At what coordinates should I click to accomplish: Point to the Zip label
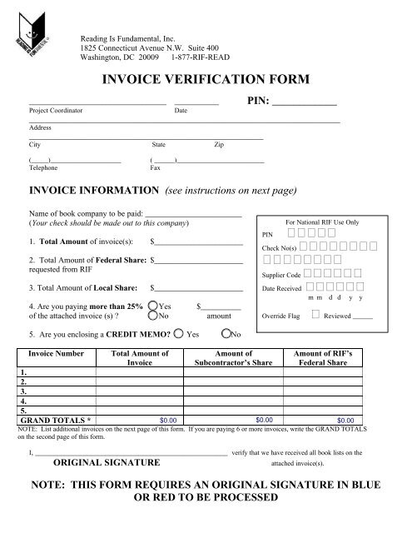point(218,144)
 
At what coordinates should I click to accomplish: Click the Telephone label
point(44,166)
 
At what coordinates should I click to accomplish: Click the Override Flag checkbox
point(315,315)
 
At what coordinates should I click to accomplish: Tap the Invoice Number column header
point(53,353)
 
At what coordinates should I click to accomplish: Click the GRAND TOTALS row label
point(56,419)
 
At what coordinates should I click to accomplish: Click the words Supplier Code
point(281,274)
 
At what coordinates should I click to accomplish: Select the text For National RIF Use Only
point(321,223)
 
